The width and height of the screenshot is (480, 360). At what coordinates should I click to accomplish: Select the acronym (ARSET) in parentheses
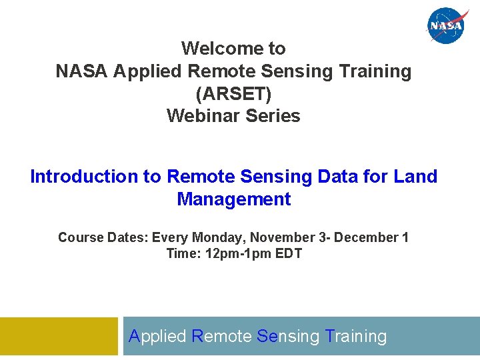coord(233,93)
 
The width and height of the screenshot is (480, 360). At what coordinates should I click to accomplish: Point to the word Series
coord(273,116)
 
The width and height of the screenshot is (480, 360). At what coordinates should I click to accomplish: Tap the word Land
coord(415,177)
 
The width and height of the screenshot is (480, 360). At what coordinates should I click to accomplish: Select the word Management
coord(234,199)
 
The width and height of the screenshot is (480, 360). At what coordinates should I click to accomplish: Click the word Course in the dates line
coord(80,238)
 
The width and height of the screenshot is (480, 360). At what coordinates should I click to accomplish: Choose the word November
coord(279,238)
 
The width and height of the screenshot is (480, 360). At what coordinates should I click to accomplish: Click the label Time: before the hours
coord(181,254)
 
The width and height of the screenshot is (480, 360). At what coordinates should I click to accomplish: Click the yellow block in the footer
coord(59,336)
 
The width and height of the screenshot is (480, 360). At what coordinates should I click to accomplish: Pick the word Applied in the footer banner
coord(157,337)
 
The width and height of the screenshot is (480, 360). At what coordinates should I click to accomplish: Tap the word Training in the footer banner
coord(357,337)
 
